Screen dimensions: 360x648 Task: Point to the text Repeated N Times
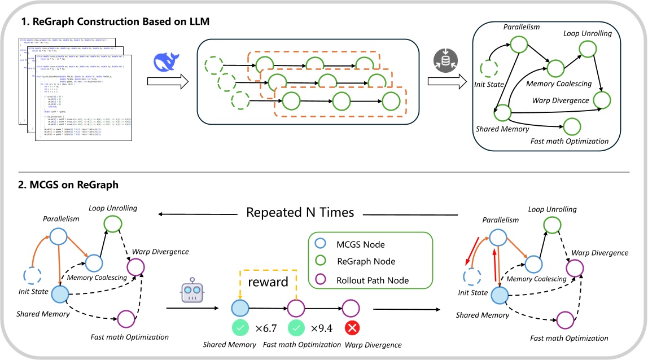pyautogui.click(x=300, y=213)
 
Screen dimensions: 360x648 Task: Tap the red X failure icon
pyautogui.click(x=353, y=328)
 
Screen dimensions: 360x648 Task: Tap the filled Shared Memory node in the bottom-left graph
pyautogui.click(x=60, y=295)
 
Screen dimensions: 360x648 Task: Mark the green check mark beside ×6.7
pyautogui.click(x=240, y=328)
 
